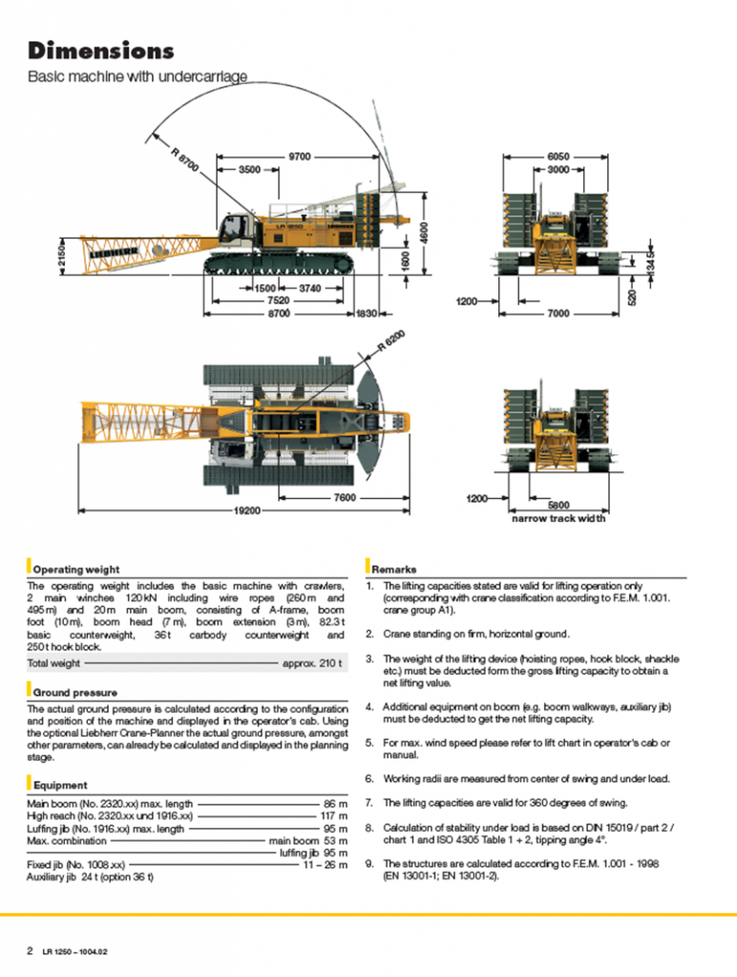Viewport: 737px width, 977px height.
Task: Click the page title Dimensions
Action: [x=101, y=51]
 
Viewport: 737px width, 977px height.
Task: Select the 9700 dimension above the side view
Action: [x=299, y=156]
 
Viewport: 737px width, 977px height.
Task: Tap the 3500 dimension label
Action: [x=249, y=169]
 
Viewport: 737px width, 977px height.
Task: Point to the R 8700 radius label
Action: [x=185, y=159]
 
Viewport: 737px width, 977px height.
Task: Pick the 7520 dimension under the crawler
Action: [x=280, y=300]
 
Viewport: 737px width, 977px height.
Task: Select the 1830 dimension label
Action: [x=367, y=313]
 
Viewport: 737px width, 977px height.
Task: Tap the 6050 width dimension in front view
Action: [x=558, y=156]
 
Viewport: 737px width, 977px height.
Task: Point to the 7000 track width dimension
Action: [x=558, y=313]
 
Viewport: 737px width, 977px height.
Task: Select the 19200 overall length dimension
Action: [x=247, y=510]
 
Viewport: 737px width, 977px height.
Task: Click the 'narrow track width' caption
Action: [x=558, y=518]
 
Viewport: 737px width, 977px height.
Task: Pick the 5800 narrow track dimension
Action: [x=558, y=505]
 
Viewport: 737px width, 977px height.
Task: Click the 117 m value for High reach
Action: [x=333, y=817]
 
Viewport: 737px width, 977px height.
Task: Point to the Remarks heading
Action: [x=393, y=570]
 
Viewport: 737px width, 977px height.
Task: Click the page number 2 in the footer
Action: [x=31, y=950]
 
